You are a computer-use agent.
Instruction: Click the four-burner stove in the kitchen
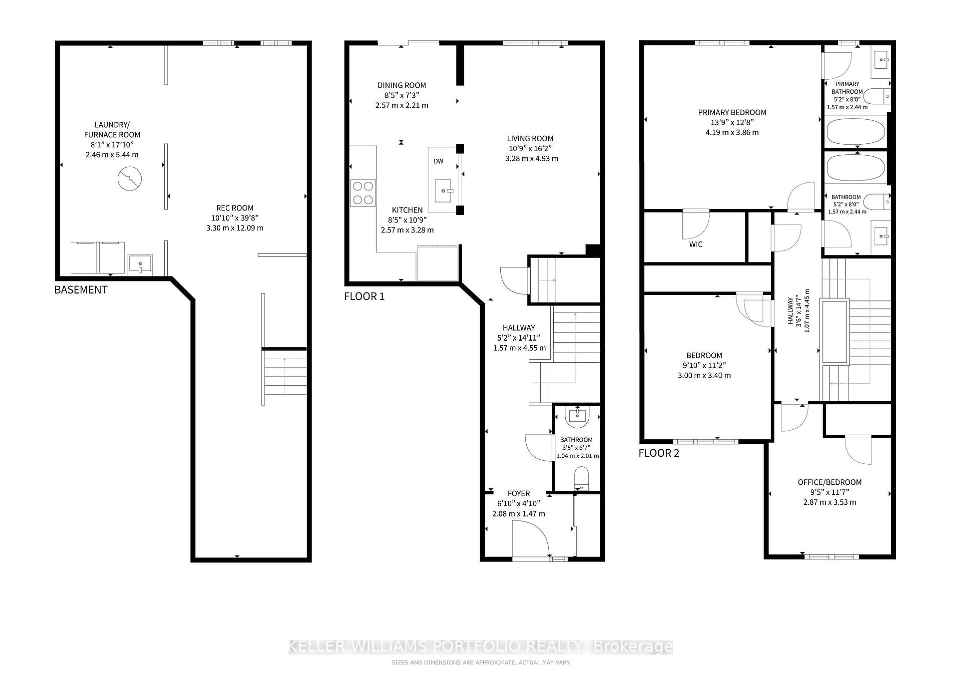point(363,193)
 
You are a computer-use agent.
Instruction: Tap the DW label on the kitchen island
point(438,161)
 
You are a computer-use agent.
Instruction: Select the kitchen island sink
point(443,191)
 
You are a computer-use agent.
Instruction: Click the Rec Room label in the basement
point(234,208)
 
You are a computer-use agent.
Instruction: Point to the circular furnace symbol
point(129,178)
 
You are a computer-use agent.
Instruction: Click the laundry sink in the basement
point(140,264)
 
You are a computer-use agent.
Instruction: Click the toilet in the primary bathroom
point(876,97)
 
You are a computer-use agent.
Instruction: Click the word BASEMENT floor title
point(81,290)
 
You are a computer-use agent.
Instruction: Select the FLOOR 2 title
point(659,453)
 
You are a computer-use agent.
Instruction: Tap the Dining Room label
point(401,85)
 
